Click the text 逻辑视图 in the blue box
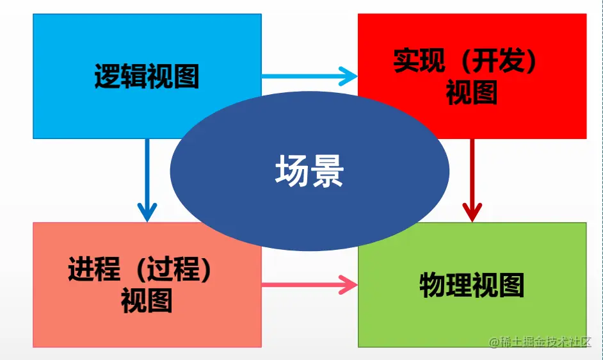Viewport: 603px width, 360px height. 147,76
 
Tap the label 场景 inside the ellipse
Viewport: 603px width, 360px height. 310,172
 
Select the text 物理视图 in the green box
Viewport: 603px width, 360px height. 472,285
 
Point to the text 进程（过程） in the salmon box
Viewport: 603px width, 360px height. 140,269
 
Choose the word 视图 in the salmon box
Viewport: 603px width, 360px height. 147,300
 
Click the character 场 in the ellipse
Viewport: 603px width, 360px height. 293,172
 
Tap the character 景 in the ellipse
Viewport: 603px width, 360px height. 327,172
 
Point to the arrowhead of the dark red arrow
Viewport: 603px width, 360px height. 472,211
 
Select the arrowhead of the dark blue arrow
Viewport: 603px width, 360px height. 147,211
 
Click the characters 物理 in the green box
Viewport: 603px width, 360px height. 446,285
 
